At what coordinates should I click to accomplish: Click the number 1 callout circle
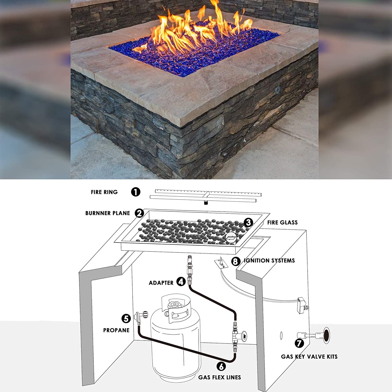point(136,192)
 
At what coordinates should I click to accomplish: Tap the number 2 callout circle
point(140,213)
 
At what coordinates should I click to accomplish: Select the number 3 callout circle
point(248,222)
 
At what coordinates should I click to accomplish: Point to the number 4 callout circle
point(181,282)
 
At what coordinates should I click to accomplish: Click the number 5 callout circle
point(126,319)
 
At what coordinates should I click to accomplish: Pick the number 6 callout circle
point(221,366)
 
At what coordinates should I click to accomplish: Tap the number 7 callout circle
point(299,343)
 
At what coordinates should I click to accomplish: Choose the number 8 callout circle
point(236,261)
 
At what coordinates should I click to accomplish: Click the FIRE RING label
point(104,192)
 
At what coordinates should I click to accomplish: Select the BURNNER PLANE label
point(108,213)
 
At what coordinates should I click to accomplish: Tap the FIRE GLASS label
point(282,222)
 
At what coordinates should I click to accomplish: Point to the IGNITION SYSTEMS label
point(269,261)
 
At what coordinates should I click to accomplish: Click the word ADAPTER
point(161,283)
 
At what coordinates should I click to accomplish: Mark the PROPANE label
point(116,330)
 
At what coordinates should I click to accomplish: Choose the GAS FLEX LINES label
point(220,377)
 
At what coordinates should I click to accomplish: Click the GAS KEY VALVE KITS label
point(309,357)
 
